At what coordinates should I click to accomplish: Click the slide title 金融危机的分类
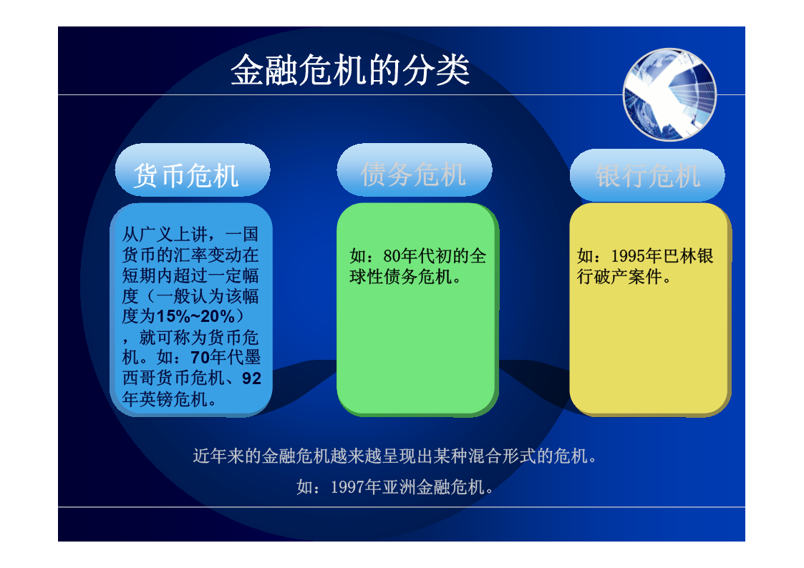click(350, 70)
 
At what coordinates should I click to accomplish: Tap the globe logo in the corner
click(669, 94)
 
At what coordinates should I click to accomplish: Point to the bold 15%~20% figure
click(195, 316)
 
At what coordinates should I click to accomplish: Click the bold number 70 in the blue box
click(200, 357)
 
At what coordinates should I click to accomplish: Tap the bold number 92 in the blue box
click(252, 378)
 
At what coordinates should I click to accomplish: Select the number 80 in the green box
click(392, 255)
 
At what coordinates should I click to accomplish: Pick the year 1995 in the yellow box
click(628, 255)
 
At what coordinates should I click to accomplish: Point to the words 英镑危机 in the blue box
click(173, 398)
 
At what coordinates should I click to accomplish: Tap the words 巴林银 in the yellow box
click(687, 255)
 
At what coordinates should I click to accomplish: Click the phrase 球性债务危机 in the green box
click(400, 277)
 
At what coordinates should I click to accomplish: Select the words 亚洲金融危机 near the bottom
click(433, 486)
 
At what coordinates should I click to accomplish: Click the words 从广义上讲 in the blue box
click(165, 234)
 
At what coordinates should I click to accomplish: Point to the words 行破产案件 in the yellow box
click(619, 277)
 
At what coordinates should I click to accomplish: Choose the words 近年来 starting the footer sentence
click(218, 455)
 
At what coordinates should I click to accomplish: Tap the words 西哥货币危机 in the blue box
click(173, 378)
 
